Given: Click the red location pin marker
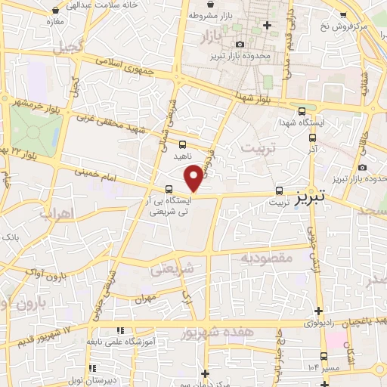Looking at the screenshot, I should click(x=194, y=178).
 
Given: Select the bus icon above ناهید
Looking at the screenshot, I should click(x=182, y=144).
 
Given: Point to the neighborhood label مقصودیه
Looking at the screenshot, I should click(x=266, y=258).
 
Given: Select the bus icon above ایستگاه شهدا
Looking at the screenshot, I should click(x=302, y=110).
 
